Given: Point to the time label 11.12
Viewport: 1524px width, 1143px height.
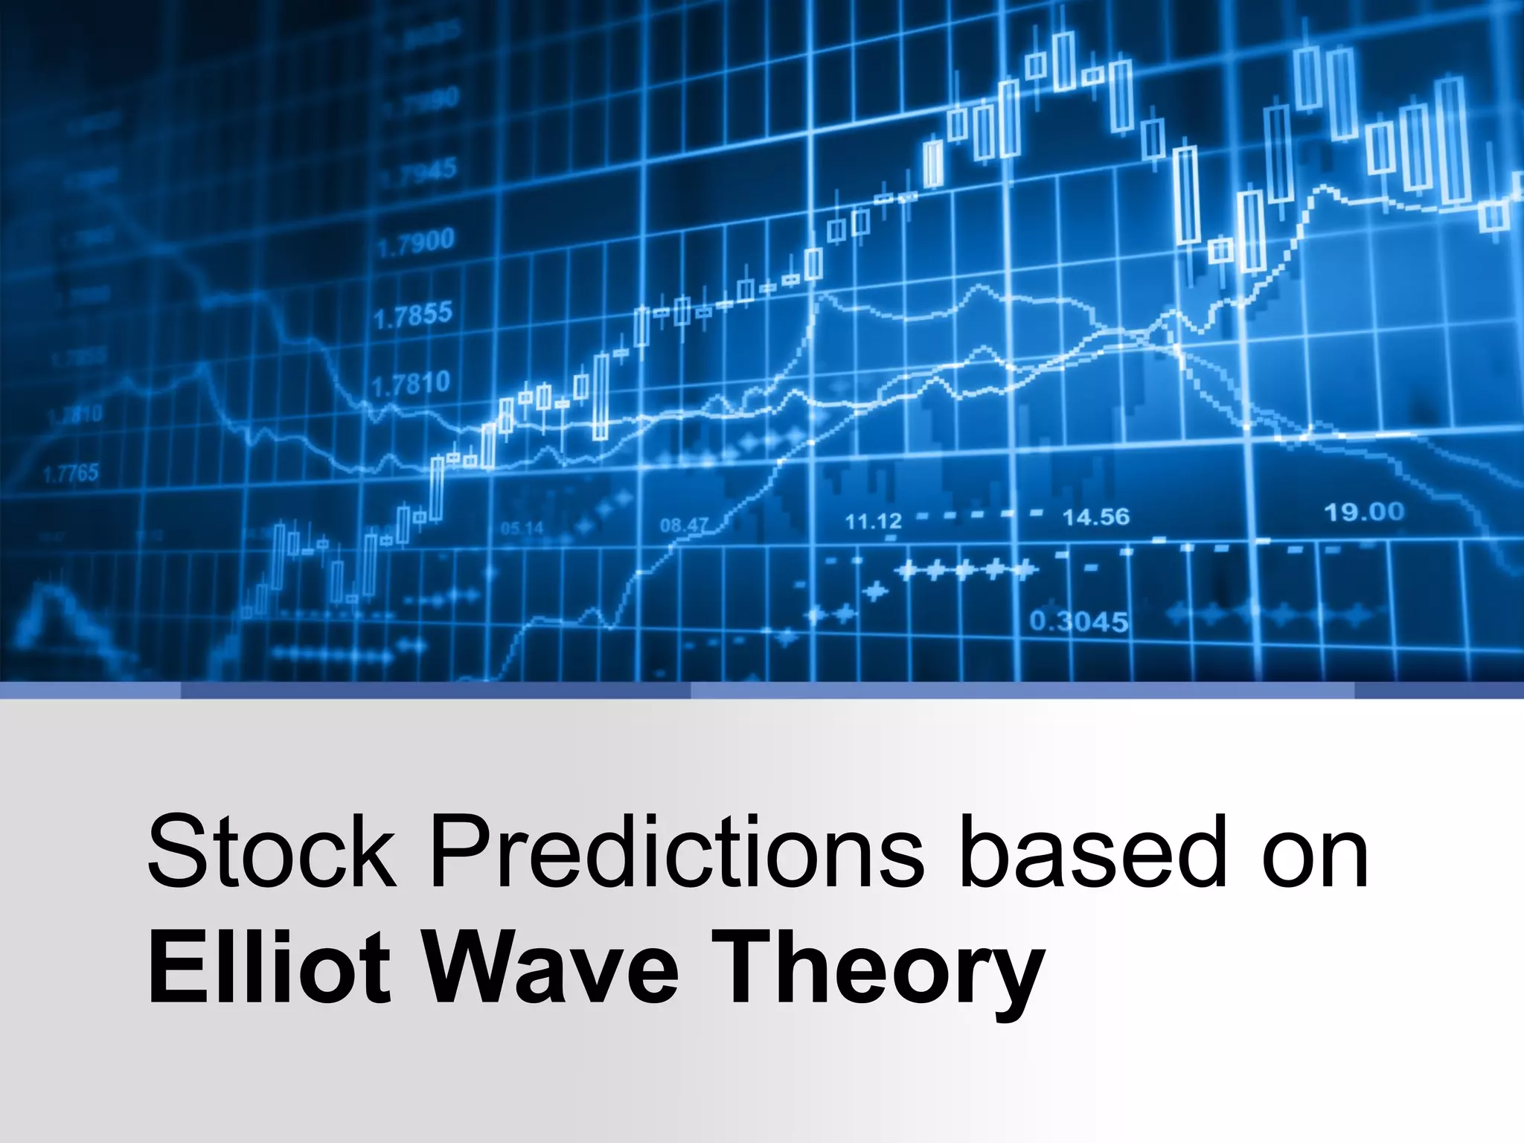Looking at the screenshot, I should pos(873,521).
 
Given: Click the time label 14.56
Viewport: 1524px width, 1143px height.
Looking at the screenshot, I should pos(1095,516).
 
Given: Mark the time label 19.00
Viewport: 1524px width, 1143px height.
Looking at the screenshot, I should pos(1363,512).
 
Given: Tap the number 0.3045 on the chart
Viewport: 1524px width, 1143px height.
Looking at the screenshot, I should pos(1078,621).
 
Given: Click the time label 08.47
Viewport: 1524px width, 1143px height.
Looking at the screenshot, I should pos(684,525).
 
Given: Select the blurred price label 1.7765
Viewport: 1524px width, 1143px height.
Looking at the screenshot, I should pos(71,473).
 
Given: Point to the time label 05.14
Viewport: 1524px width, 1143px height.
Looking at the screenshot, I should pos(522,528).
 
